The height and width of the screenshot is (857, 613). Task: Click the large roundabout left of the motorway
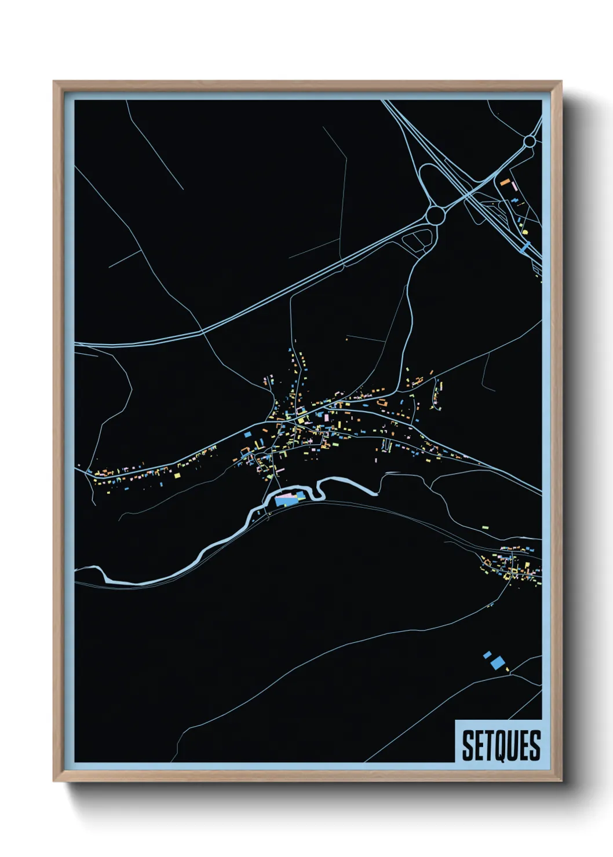(435, 215)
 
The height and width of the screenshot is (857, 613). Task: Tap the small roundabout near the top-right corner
(530, 141)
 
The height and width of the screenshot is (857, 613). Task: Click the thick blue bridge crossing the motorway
(526, 247)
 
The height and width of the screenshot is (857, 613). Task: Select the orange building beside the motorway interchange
(505, 182)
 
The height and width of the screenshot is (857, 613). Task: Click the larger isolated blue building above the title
(497, 662)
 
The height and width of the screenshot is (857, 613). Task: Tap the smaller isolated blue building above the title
(487, 655)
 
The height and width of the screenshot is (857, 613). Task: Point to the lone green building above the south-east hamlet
(485, 528)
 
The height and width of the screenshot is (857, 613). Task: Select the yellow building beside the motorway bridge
(525, 232)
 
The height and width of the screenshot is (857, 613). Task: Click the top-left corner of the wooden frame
(54, 82)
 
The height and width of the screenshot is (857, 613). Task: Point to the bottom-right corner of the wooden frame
(561, 781)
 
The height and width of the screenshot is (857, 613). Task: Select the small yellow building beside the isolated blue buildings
(508, 670)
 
